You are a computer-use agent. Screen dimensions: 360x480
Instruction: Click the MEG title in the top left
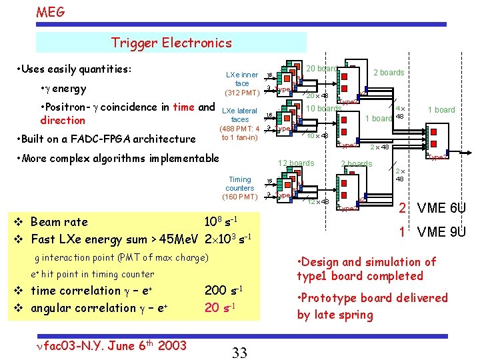click(51, 11)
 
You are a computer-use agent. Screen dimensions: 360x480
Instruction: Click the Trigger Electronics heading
click(171, 43)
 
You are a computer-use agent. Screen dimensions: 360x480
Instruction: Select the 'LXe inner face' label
click(241, 79)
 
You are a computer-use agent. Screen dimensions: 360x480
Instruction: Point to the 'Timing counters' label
click(240, 184)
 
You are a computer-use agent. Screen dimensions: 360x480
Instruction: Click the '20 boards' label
click(321, 69)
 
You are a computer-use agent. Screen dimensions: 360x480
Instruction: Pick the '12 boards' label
click(296, 163)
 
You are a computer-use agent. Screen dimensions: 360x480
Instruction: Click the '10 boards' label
click(323, 109)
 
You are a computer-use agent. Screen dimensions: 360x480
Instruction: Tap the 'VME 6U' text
click(441, 209)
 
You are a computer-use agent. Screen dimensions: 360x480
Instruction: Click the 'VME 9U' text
click(441, 233)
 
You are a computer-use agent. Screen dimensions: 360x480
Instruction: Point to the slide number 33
click(240, 352)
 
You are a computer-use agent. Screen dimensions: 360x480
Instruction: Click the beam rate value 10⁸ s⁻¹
click(221, 221)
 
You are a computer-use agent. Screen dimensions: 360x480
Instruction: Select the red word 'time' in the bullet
click(183, 107)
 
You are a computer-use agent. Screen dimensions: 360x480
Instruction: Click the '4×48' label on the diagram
click(400, 112)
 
